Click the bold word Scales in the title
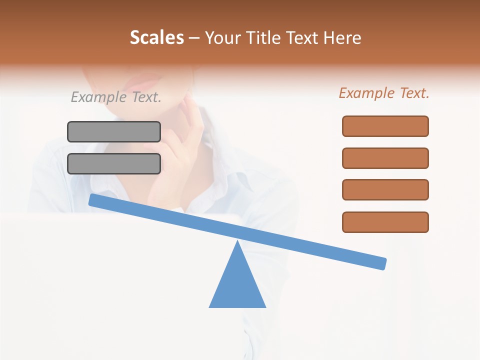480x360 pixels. coord(156,38)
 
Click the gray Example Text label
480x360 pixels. coord(116,97)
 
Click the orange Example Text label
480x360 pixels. coord(384,93)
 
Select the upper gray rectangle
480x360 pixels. coord(114,131)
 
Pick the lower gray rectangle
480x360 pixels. coord(114,163)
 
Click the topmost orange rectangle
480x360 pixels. coord(385,126)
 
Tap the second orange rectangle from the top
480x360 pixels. coord(385,158)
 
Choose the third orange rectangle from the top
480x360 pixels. coord(385,190)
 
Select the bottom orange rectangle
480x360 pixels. coord(385,222)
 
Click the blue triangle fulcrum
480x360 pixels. coord(237,285)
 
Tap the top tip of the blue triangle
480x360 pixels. coord(237,243)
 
